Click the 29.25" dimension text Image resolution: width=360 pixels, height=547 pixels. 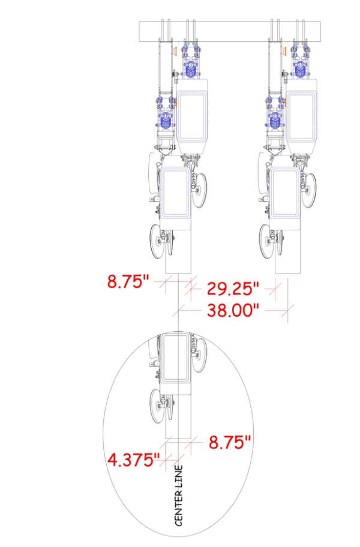click(233, 288)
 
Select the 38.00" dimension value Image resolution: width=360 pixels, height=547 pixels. click(233, 310)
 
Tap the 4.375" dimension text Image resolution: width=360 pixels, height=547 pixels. click(133, 459)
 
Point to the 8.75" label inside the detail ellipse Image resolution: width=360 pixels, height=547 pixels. click(230, 442)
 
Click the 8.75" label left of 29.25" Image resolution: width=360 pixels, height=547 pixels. click(128, 281)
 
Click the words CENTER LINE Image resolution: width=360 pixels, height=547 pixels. click(179, 495)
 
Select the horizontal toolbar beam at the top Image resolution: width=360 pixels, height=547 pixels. click(230, 32)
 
